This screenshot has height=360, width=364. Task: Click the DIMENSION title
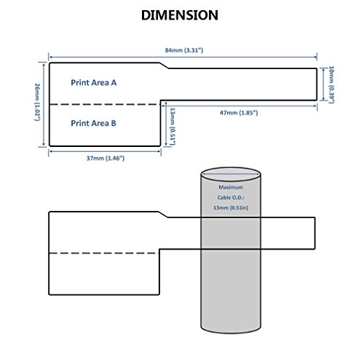pyautogui.click(x=180, y=15)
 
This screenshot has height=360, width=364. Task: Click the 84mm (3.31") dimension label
pyautogui.click(x=184, y=50)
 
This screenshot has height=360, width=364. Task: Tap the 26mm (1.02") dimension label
pyautogui.click(x=37, y=102)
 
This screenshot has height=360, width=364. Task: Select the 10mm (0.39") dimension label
pyautogui.click(x=331, y=84)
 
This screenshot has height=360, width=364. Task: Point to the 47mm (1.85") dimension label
pyautogui.click(x=239, y=113)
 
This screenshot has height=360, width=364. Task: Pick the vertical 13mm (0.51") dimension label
pyautogui.click(x=173, y=127)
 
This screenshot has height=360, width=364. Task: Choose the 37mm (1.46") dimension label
pyautogui.click(x=106, y=159)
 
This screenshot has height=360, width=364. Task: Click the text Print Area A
pyautogui.click(x=94, y=83)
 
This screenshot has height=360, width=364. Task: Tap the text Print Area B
pyautogui.click(x=93, y=123)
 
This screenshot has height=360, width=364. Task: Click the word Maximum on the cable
pyautogui.click(x=231, y=187)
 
